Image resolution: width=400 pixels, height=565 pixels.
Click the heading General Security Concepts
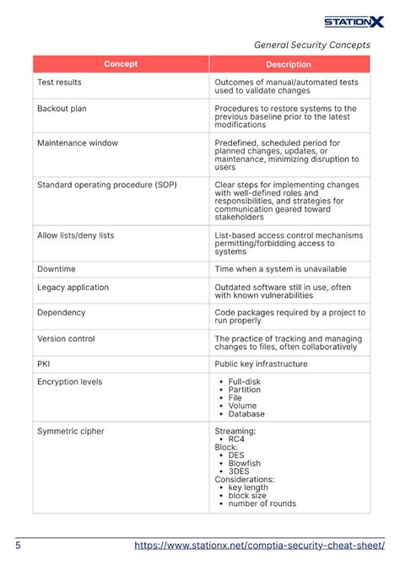click(312, 45)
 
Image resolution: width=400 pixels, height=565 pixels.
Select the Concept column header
click(121, 64)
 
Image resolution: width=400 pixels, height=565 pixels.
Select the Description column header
click(289, 64)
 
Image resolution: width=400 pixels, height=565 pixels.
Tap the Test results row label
click(63, 83)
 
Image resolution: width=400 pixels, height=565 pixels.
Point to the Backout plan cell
click(62, 109)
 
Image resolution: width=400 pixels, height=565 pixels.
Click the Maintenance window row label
click(78, 143)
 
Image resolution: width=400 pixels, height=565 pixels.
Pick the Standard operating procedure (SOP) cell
click(107, 184)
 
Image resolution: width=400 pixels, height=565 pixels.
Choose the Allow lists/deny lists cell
click(75, 235)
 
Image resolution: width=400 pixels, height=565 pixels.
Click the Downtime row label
click(57, 269)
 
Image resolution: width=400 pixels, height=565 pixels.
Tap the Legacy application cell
click(73, 288)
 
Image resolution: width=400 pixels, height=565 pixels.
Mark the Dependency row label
click(61, 313)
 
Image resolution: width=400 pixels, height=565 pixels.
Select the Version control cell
click(66, 339)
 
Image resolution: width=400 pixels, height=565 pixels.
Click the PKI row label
click(44, 364)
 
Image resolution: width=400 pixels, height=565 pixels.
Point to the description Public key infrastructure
click(261, 364)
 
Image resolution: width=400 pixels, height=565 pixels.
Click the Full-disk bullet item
click(246, 382)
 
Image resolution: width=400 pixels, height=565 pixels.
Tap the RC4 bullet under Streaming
click(236, 439)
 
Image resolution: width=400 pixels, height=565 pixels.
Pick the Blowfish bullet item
click(245, 463)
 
